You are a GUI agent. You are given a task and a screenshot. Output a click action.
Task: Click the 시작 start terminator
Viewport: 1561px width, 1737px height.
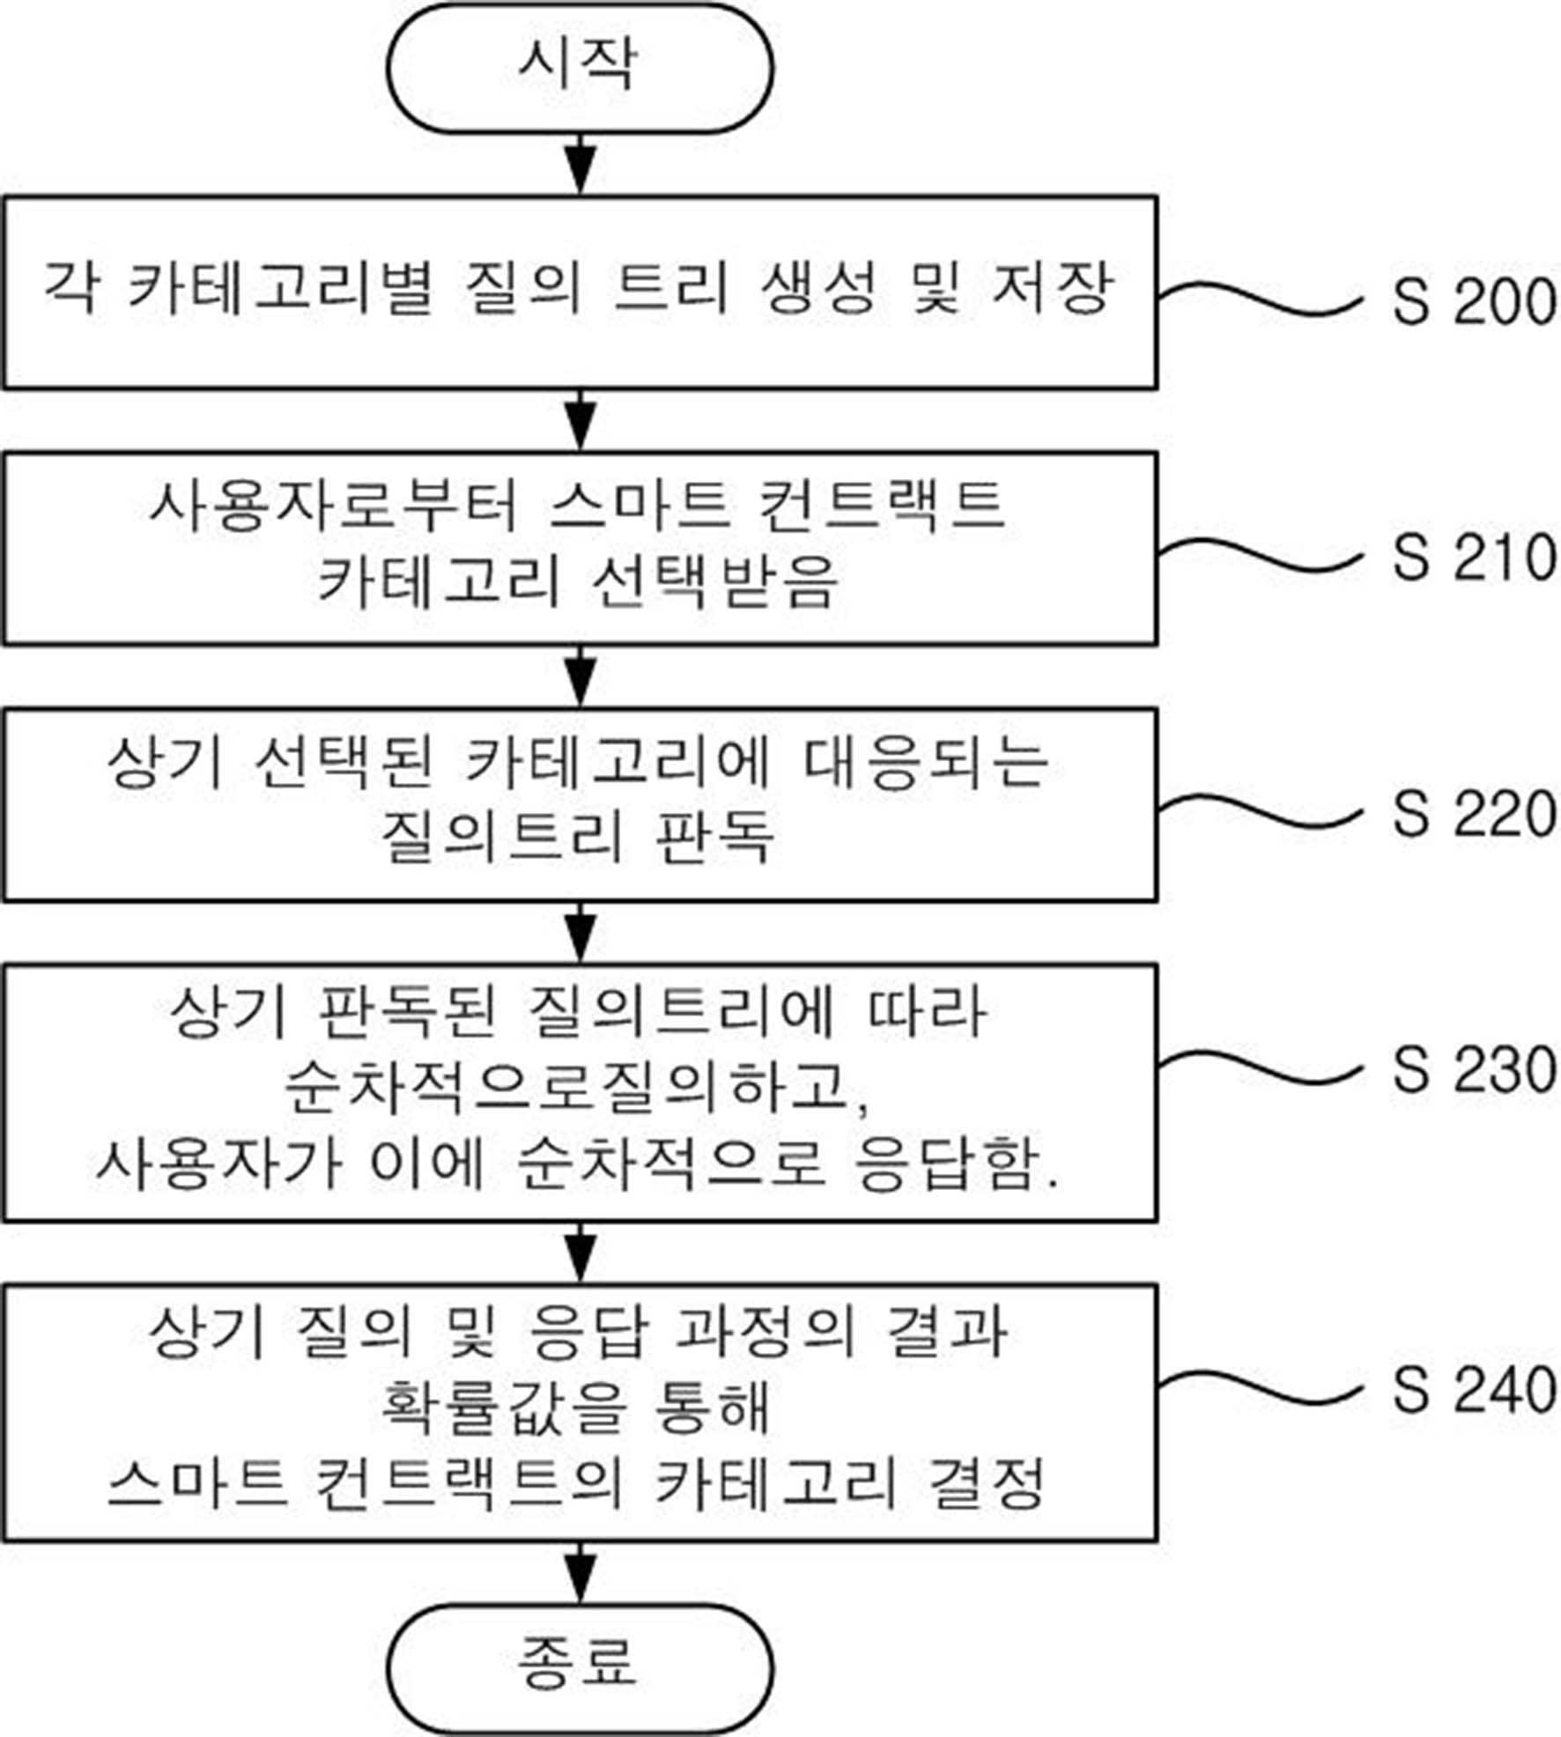[580, 69]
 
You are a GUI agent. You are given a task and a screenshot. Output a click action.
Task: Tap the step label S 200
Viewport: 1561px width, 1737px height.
[1474, 301]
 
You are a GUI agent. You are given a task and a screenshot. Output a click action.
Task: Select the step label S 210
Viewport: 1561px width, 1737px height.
[1474, 557]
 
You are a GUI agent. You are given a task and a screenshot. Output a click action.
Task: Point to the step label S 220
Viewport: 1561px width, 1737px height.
[1474, 812]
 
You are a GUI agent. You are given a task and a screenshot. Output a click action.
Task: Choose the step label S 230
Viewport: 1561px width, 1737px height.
[1474, 1069]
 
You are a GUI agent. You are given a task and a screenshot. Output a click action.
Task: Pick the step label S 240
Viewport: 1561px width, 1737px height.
[1474, 1390]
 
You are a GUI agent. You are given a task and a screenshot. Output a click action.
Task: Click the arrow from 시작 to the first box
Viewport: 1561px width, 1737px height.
[580, 164]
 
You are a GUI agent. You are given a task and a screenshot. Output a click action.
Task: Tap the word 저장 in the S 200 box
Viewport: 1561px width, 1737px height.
[1051, 288]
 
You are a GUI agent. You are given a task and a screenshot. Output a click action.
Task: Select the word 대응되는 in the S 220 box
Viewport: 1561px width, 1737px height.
[928, 761]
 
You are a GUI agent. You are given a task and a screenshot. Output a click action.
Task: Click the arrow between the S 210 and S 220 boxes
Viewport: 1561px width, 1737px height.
[580, 676]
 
